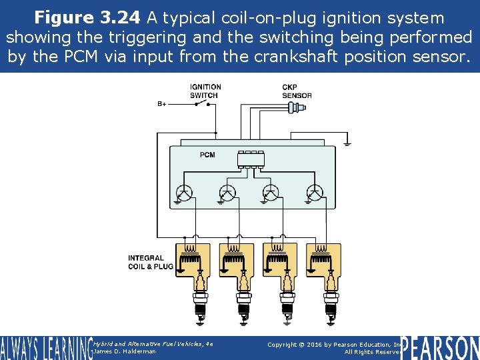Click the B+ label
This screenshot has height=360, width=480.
coord(162,104)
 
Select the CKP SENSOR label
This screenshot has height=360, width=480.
coord(296,91)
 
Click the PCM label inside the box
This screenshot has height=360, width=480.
coord(207,155)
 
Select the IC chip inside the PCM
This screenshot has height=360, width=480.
coord(251,159)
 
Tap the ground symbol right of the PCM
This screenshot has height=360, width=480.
coord(347,142)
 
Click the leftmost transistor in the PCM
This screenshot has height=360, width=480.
coord(185,193)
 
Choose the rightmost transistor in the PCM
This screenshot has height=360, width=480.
coord(314,193)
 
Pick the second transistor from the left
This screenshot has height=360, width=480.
coord(227,193)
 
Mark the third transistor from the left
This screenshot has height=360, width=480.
coord(271,193)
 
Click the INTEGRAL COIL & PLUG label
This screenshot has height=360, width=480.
coord(150,262)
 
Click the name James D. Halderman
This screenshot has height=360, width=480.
coord(125,351)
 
